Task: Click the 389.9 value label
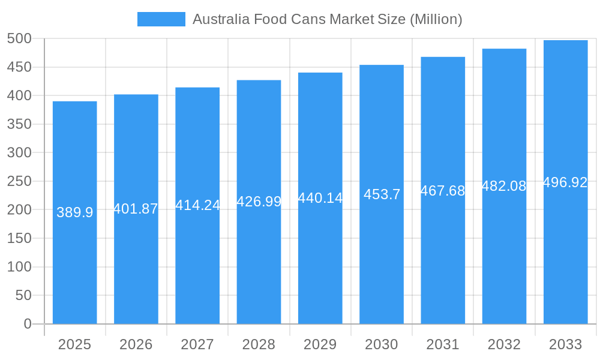click(x=74, y=212)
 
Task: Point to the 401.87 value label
click(x=136, y=209)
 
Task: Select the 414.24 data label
click(x=197, y=205)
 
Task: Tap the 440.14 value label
click(x=320, y=198)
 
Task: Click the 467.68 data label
click(x=443, y=191)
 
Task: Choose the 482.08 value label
click(x=504, y=186)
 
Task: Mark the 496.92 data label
click(x=565, y=182)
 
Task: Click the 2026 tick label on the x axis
click(x=136, y=344)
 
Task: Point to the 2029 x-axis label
click(x=320, y=344)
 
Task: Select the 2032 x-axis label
click(x=504, y=344)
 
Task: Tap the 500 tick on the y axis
click(x=19, y=38)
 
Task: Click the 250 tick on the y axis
click(x=19, y=181)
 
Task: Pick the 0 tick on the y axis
click(x=28, y=324)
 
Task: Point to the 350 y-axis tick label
click(x=19, y=124)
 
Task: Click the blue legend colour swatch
click(x=161, y=19)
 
